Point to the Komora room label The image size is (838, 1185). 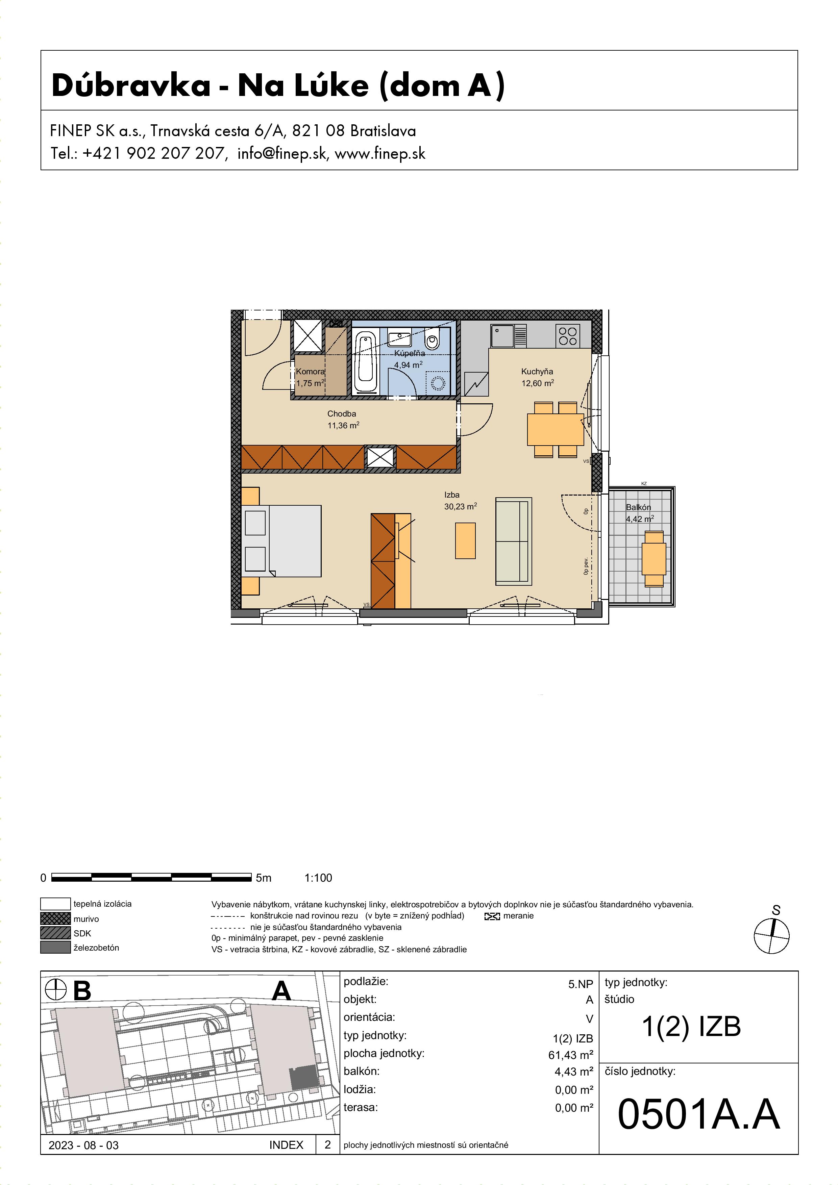310,372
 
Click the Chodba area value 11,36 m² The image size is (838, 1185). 343,425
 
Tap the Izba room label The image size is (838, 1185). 452,495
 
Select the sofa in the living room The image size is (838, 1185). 514,541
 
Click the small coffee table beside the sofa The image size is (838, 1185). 465,540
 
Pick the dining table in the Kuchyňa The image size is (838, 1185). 556,429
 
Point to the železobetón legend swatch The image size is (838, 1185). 55,948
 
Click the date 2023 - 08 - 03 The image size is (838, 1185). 84,1145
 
